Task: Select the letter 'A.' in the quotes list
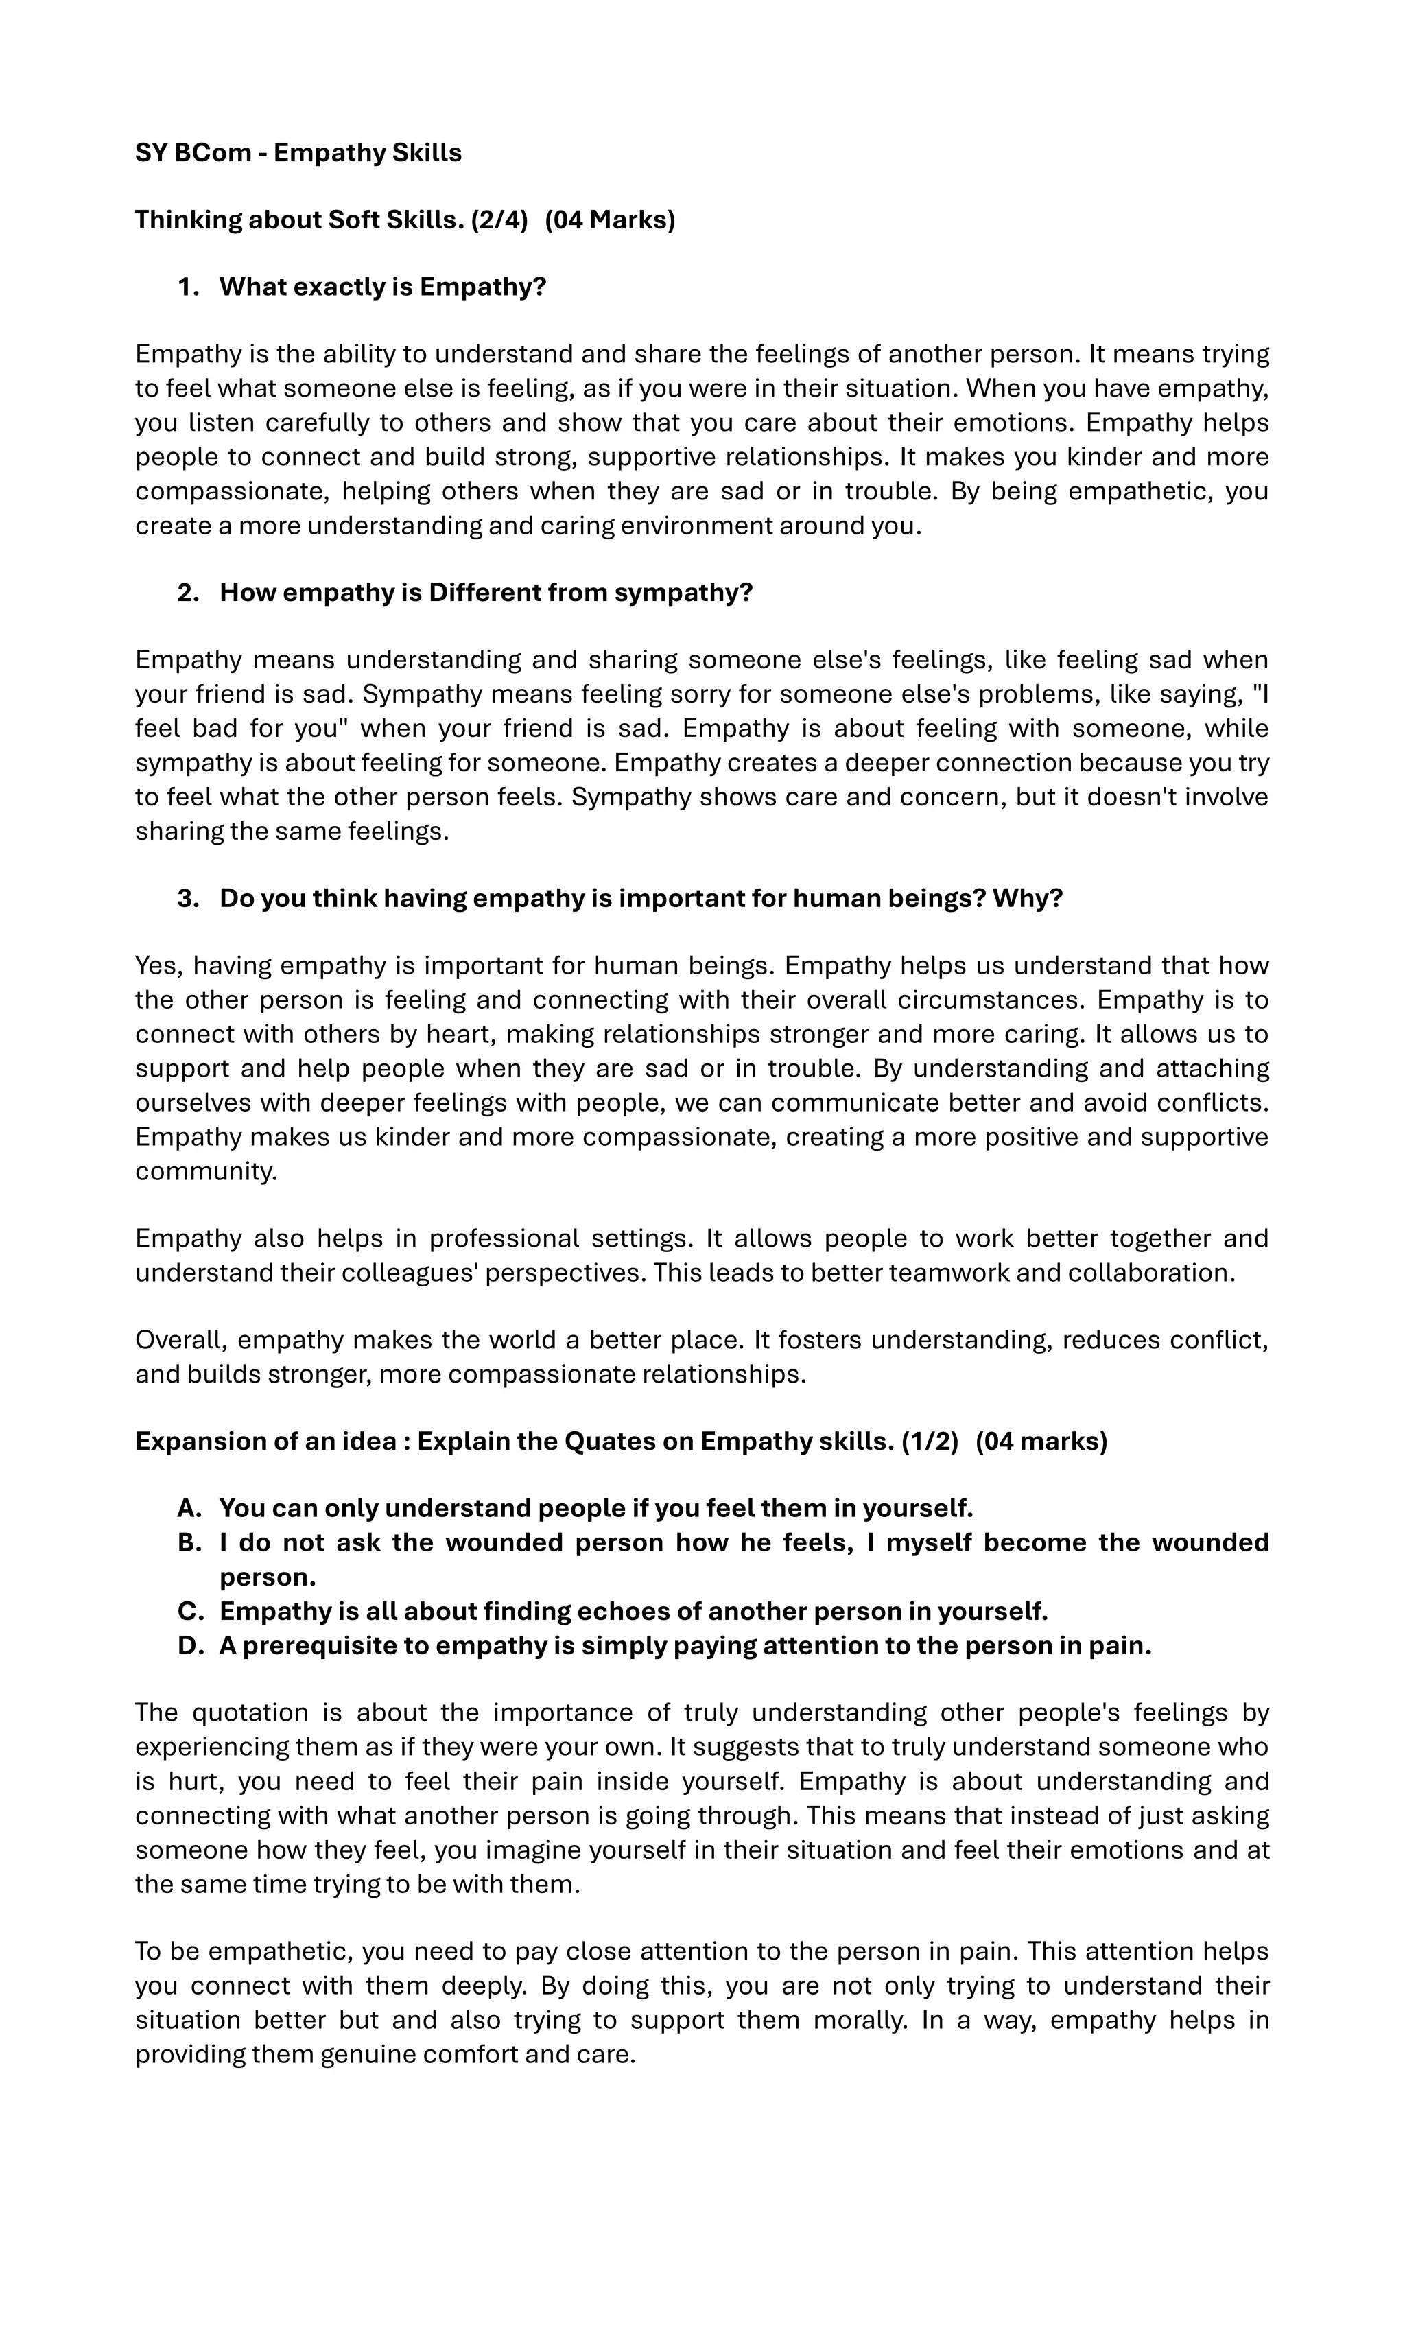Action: tap(189, 1507)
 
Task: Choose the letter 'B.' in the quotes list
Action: tap(189, 1542)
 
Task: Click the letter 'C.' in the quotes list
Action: tap(189, 1610)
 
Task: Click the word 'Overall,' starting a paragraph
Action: tap(182, 1340)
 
